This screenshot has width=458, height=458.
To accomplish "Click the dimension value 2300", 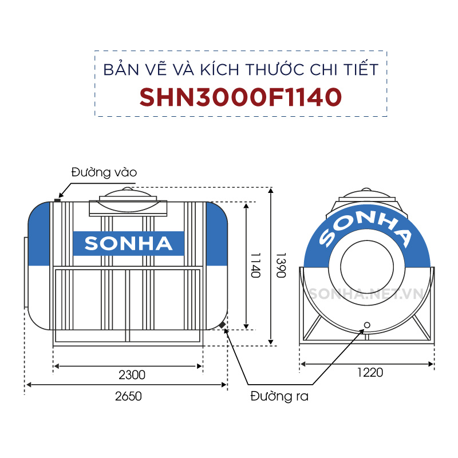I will point(132,375).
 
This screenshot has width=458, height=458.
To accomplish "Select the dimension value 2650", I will point(127,396).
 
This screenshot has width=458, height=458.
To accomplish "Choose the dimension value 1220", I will point(370,373).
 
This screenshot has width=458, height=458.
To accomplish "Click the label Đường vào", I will point(104,172).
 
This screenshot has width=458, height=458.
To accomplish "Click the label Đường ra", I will point(279,396).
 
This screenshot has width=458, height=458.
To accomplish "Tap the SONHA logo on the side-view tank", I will point(128,244).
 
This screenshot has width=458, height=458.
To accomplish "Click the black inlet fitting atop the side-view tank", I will point(57,199).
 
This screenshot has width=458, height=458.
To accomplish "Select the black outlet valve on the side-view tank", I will point(222,326).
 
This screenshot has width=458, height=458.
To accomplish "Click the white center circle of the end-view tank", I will point(366,267).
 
